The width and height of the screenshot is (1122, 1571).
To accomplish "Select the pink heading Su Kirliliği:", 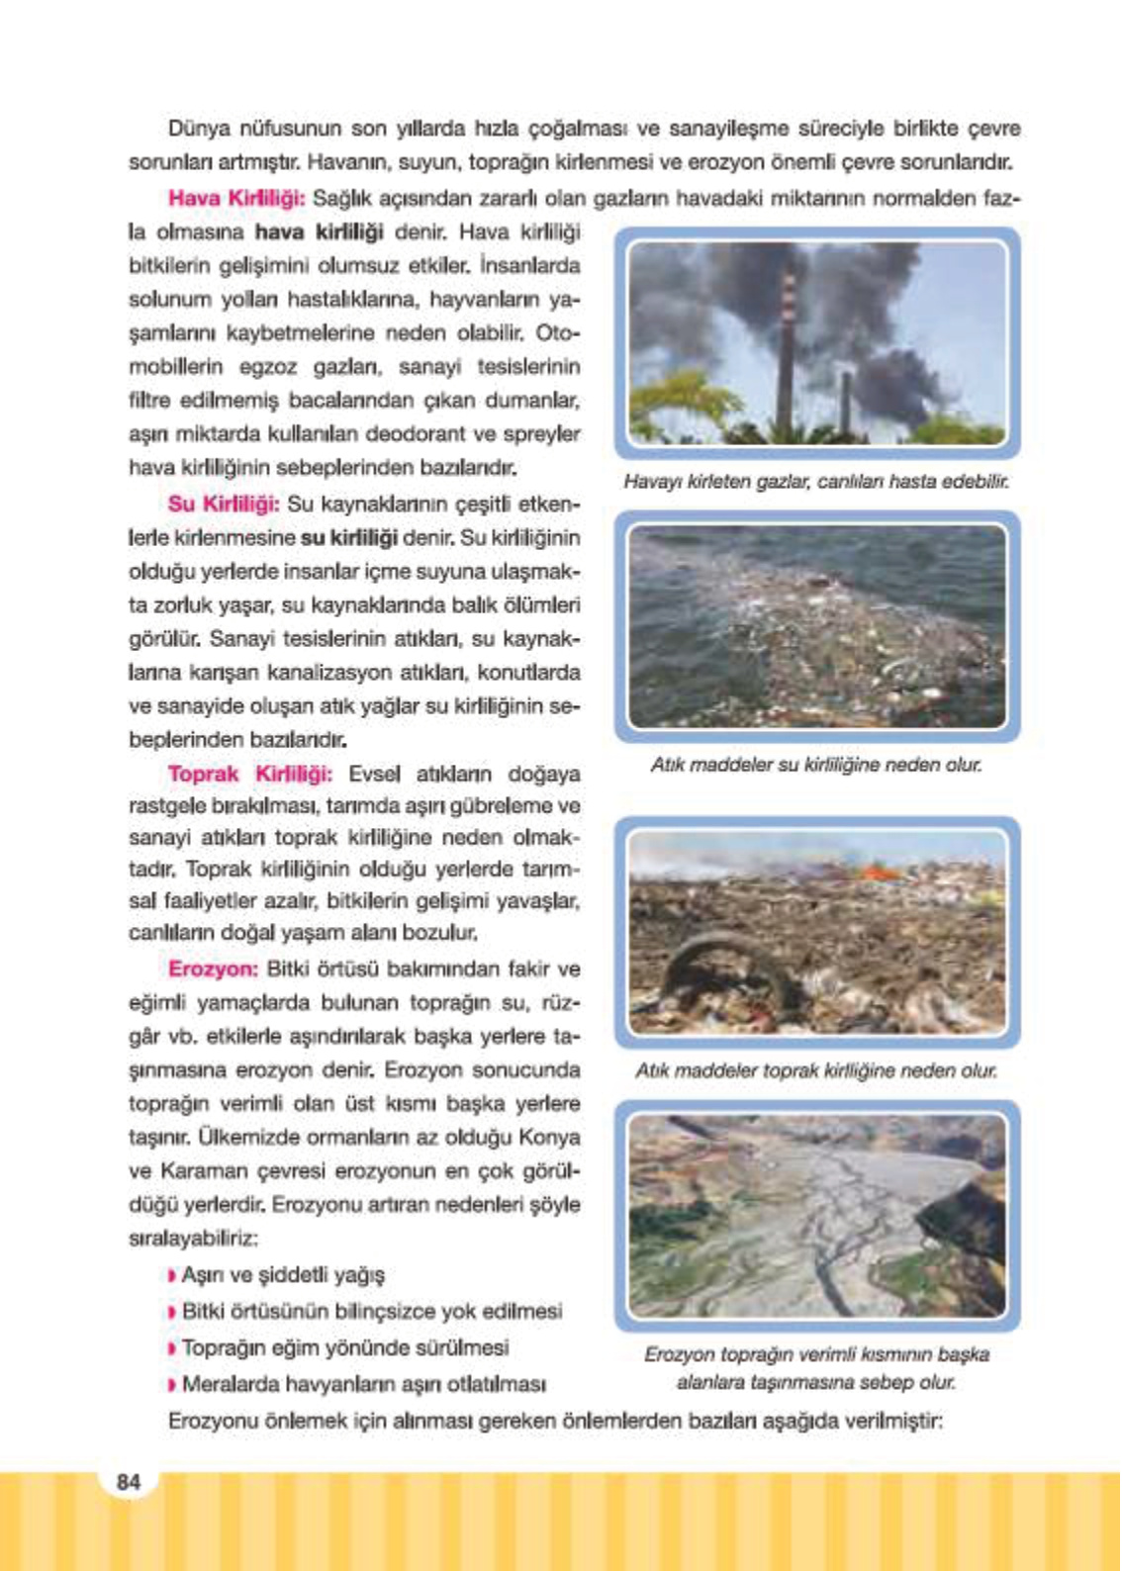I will click(x=224, y=504).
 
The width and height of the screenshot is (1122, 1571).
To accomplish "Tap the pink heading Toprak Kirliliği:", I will click(x=249, y=774).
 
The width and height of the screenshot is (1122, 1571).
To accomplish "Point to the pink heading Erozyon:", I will click(x=213, y=969).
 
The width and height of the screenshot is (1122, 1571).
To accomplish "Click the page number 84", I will click(x=129, y=1482).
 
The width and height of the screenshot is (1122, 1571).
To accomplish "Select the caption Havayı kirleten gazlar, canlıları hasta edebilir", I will click(x=816, y=482).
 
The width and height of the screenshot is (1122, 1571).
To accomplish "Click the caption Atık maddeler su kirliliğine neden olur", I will click(x=816, y=765).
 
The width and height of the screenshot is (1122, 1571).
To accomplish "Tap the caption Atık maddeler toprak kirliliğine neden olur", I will click(x=816, y=1070).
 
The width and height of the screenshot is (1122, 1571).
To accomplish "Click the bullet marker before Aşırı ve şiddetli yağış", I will click(x=173, y=1276).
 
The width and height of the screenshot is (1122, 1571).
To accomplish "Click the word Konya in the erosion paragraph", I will click(x=549, y=1138).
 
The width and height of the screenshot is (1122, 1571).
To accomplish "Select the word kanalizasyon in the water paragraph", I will click(x=388, y=673).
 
